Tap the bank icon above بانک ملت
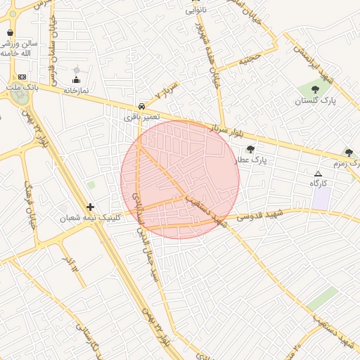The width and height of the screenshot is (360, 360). [x=22, y=77]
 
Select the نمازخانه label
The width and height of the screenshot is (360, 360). [x=76, y=91]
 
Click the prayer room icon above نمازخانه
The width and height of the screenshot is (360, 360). [x=77, y=80]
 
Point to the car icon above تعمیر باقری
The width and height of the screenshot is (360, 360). [x=142, y=106]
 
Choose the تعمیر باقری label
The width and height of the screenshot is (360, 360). [x=142, y=116]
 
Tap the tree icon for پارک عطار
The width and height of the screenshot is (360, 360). [x=250, y=149]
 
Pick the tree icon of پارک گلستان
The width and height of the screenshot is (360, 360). [x=314, y=89]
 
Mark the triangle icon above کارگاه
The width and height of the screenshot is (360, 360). [x=319, y=173]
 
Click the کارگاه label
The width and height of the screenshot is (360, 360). [x=319, y=183]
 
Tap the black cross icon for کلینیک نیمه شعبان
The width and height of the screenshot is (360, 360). [x=90, y=207]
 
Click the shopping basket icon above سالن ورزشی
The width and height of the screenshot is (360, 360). [x=10, y=32]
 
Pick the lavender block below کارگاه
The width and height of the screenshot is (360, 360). [x=321, y=198]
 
